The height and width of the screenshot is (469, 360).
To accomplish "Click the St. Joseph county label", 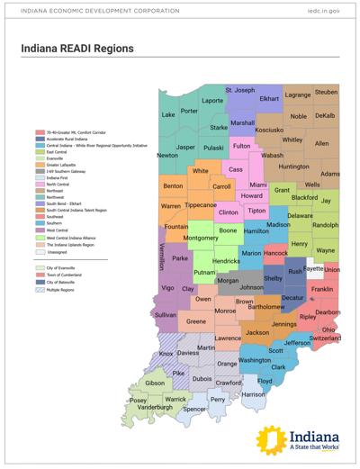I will tap(240, 91).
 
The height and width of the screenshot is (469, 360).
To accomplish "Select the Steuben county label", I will tap(326, 93).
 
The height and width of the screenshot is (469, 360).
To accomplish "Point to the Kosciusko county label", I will tap(270, 130).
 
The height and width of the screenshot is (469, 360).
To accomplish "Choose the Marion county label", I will tap(253, 254).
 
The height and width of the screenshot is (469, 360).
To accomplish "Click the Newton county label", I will tap(167, 155).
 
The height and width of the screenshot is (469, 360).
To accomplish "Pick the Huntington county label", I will tap(294, 167).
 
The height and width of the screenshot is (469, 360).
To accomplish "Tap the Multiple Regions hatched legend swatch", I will tap(41, 292).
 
